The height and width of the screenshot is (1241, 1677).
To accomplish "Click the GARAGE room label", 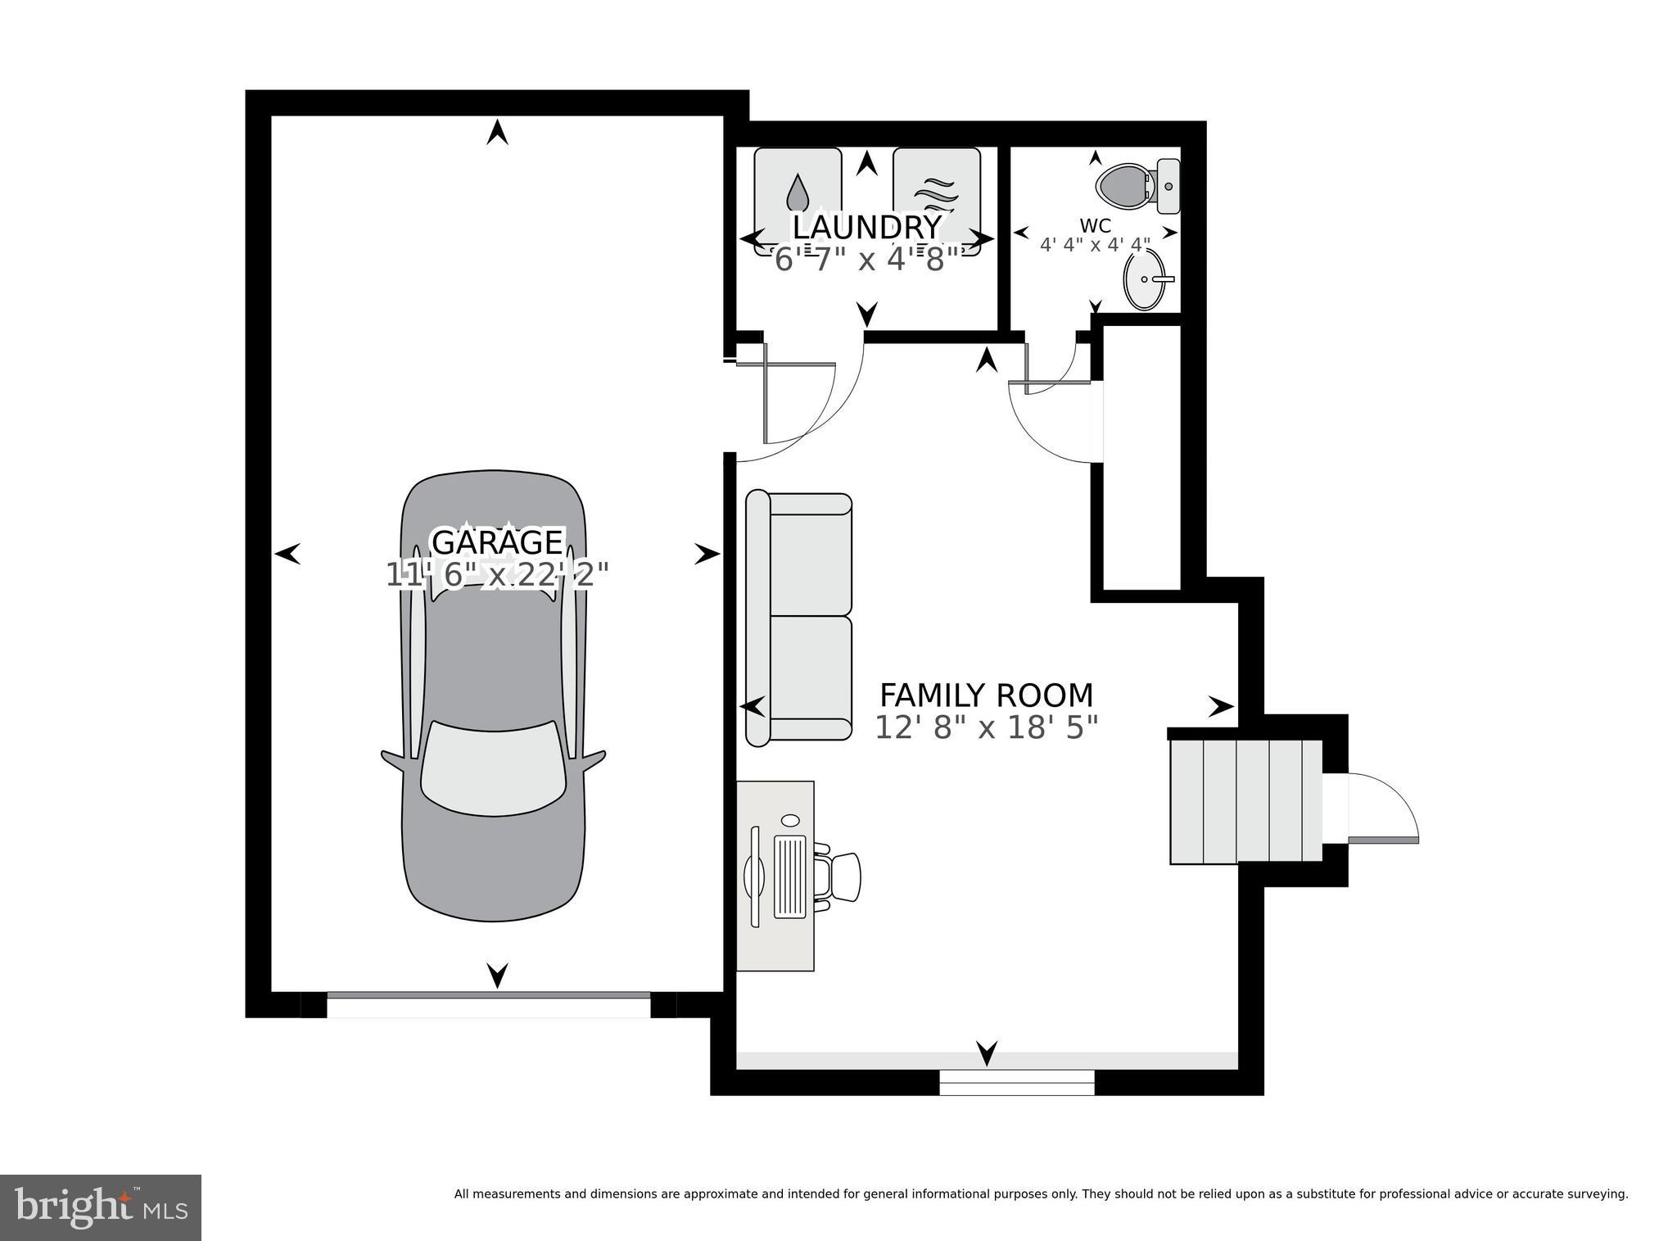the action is point(497,542).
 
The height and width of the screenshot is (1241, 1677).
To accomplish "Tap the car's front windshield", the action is point(493,768).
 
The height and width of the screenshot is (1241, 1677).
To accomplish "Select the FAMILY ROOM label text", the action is point(986,695).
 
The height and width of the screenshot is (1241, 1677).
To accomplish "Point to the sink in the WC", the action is point(1148,279).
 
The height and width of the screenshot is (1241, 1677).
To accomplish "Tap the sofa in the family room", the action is point(798,618).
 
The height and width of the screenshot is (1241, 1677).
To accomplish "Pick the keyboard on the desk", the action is point(790,876).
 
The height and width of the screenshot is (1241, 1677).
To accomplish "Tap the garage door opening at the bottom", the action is point(489,1005).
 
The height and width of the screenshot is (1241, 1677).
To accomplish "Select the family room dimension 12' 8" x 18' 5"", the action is point(986,727).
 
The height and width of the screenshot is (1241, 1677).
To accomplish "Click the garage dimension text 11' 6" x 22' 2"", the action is point(497,574).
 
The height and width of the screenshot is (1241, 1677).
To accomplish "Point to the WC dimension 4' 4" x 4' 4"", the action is point(1096,244).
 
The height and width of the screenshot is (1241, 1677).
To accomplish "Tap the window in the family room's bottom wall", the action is point(1016,1082).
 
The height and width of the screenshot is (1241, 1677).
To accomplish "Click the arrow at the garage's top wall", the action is point(497,132).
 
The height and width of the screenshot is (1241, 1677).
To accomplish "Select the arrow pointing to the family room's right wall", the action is point(1222,706).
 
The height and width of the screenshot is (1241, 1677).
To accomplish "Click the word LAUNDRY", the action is point(867,227).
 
